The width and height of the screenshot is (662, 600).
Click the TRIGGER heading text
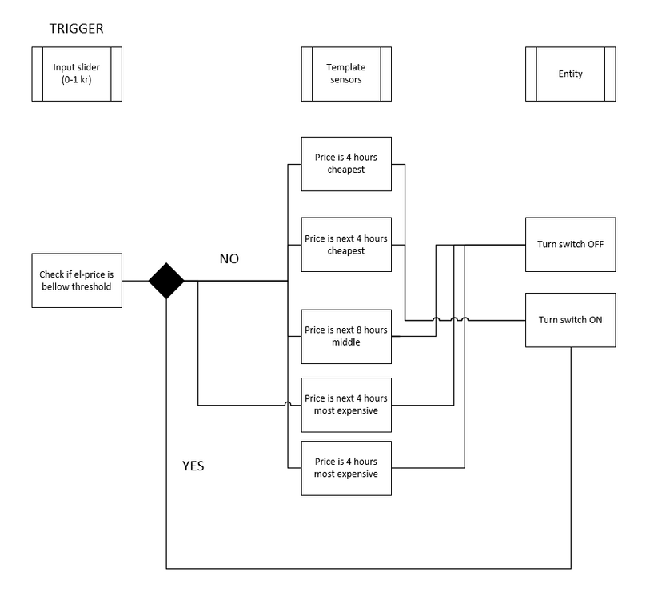[76, 29]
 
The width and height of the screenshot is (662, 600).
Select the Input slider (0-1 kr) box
[77, 74]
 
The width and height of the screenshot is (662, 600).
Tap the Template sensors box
[346, 74]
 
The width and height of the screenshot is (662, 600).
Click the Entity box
[570, 74]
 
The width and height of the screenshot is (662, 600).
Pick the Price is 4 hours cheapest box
[346, 163]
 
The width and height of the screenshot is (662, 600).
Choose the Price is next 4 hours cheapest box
[346, 244]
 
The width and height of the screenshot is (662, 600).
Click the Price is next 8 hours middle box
[346, 336]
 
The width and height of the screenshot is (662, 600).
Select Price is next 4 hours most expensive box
[346, 404]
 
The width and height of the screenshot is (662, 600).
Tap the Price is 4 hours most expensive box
[346, 468]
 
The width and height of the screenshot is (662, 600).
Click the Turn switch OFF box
[570, 244]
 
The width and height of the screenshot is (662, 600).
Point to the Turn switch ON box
[570, 320]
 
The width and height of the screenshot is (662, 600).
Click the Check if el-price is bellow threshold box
[77, 281]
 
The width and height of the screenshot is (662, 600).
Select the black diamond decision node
[166, 281]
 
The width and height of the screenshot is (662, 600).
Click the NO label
[229, 259]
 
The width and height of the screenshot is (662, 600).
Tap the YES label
[193, 466]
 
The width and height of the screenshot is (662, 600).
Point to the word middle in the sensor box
[346, 342]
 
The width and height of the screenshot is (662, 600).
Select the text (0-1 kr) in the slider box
[77, 79]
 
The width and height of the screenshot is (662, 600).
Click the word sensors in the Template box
[346, 79]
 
